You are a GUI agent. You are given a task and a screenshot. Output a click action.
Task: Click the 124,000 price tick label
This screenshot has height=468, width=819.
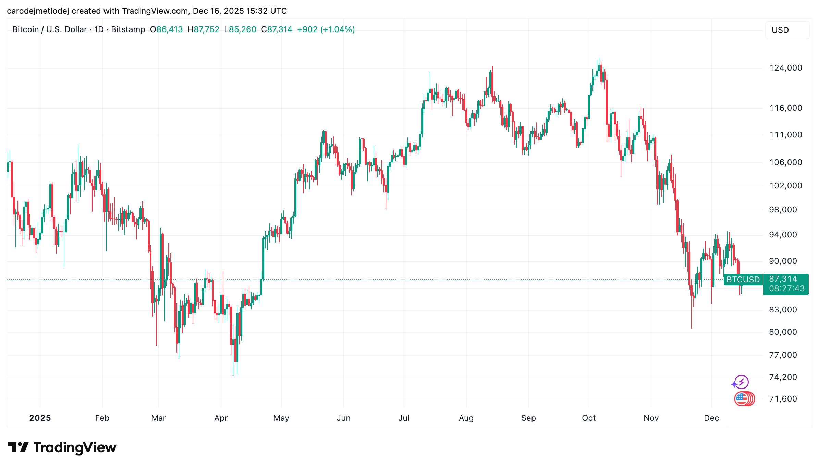(785, 68)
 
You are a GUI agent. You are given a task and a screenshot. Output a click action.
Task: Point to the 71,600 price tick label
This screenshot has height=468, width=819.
(783, 399)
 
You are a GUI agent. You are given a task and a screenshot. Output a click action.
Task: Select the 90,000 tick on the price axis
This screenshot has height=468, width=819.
(783, 261)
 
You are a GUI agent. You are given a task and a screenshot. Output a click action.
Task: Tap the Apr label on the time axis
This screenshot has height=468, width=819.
(221, 418)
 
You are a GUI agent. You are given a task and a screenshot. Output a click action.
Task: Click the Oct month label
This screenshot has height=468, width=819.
(589, 418)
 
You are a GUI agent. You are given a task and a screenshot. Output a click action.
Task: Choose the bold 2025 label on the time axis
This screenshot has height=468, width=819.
(40, 418)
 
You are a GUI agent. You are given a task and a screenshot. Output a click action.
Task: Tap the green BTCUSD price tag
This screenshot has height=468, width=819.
(743, 280)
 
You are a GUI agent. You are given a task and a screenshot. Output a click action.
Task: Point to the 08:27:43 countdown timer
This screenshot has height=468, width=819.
(786, 288)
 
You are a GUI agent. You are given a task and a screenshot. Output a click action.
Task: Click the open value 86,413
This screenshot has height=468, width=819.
(169, 29)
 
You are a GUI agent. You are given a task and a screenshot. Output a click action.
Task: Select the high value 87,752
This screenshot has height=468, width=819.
(206, 29)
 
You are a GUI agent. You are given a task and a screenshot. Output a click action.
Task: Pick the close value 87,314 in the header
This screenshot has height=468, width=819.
(279, 29)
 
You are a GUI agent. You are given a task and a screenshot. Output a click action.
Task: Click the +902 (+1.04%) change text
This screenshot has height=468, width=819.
(326, 29)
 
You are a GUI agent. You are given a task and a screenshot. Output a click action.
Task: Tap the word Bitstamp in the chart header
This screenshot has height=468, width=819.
(128, 29)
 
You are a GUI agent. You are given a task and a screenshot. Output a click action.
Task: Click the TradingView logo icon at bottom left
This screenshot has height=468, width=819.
(19, 447)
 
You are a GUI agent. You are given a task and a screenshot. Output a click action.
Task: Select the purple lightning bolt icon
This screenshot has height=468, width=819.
(742, 382)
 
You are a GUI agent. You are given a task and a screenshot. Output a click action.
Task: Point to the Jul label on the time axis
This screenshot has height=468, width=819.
(404, 418)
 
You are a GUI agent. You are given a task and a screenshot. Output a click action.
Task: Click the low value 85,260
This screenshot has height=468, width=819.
(242, 29)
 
